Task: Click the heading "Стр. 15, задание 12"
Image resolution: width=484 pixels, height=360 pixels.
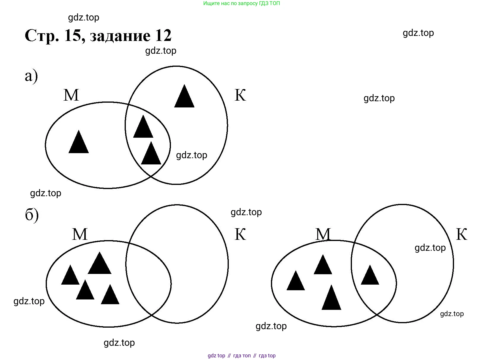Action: click(98, 36)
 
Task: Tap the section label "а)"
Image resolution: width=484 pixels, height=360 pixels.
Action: click(31, 76)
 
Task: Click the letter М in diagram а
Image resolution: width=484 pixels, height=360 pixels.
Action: click(71, 95)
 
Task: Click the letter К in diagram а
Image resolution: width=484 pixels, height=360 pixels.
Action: click(240, 95)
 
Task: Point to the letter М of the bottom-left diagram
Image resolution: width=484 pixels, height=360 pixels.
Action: click(80, 234)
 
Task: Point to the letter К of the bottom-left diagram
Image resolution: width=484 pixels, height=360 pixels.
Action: click(240, 234)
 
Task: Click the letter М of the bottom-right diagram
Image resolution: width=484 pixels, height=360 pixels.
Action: click(323, 234)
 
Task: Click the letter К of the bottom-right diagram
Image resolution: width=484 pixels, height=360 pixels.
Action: click(461, 234)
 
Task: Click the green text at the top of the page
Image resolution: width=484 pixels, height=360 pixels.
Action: click(242, 4)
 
